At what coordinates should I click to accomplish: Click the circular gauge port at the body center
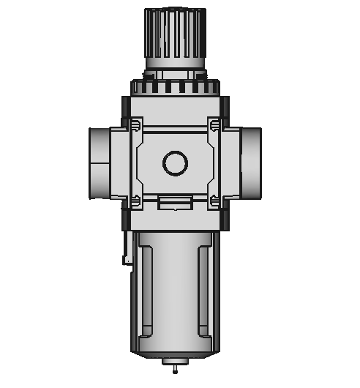coord(176,163)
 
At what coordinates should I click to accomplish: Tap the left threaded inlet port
coord(100,163)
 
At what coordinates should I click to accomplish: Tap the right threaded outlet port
coord(250,163)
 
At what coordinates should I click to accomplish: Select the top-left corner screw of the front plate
coord(136,126)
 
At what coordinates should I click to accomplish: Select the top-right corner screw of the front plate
coord(214,126)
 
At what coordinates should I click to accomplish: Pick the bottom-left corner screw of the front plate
coord(136,201)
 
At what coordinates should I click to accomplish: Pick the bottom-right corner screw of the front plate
coord(214,201)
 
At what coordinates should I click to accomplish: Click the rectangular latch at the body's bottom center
coord(176,204)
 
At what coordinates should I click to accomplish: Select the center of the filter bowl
coord(176,293)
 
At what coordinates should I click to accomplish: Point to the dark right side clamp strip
coord(225,163)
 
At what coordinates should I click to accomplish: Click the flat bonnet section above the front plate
coord(176,106)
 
